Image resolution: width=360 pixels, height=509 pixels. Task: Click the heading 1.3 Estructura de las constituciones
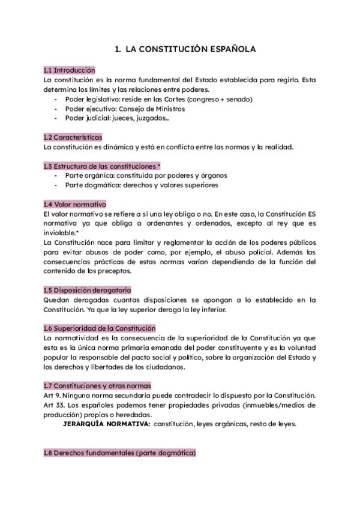(102, 166)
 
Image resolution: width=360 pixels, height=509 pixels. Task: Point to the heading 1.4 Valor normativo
(75, 204)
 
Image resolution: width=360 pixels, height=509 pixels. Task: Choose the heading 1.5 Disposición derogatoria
(88, 291)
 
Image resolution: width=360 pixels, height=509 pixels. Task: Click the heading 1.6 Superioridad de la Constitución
(100, 328)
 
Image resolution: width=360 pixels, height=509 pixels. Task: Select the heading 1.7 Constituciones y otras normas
(97, 385)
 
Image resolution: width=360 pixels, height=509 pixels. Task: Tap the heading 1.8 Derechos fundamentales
(120, 453)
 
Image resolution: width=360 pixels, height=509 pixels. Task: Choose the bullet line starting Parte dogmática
(142, 185)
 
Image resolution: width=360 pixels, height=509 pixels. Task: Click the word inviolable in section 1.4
(59, 233)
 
